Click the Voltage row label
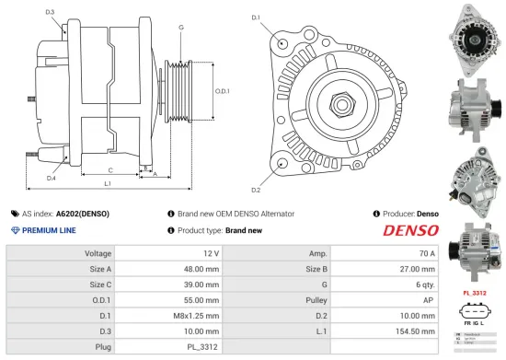98,252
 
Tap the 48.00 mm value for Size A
203,268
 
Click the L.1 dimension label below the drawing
107,184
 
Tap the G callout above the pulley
181,28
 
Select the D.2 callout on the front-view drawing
256,190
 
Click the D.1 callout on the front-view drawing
256,17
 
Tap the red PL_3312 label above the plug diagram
472,293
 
